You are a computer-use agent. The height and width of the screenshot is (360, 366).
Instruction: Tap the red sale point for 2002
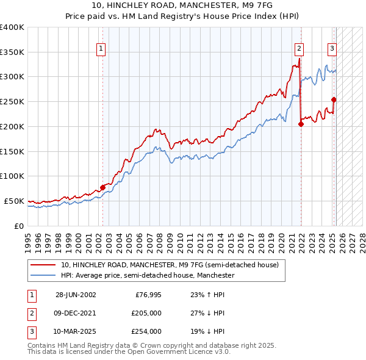[x=102, y=187]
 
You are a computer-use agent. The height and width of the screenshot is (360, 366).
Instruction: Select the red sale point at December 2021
[x=301, y=124]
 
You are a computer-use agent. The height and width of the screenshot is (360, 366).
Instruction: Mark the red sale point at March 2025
[x=334, y=99]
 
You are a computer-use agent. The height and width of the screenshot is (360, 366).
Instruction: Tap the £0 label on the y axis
[x=19, y=226]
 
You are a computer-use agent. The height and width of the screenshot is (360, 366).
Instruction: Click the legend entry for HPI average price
[x=148, y=276]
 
